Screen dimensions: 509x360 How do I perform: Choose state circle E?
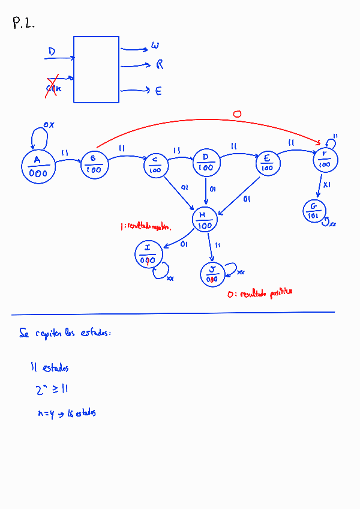(267, 163)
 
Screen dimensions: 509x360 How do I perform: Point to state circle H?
(205, 219)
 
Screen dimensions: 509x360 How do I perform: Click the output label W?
(155, 46)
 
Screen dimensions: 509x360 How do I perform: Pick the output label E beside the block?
(158, 91)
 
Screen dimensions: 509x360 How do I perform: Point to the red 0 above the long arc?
(236, 113)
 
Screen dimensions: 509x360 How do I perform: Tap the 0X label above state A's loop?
(49, 125)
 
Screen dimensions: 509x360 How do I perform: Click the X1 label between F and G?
(326, 185)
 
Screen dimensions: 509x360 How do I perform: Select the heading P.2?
(23, 24)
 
